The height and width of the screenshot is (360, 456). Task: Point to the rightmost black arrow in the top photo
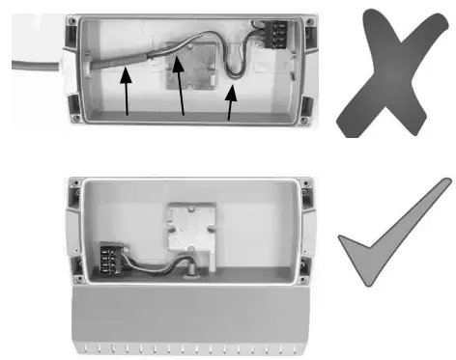point(231,101)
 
